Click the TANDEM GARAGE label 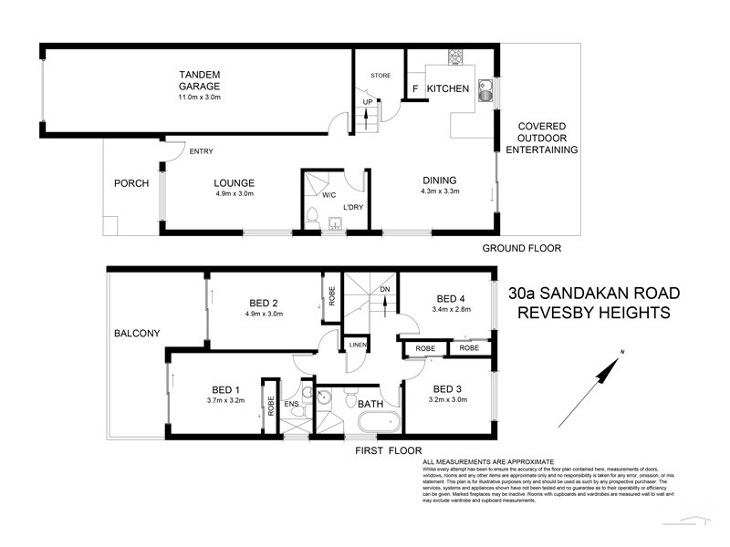click(200, 79)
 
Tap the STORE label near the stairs click(380, 76)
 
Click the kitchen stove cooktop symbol click(454, 57)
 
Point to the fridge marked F click(415, 89)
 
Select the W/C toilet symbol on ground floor click(312, 217)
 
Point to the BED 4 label click(452, 298)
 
